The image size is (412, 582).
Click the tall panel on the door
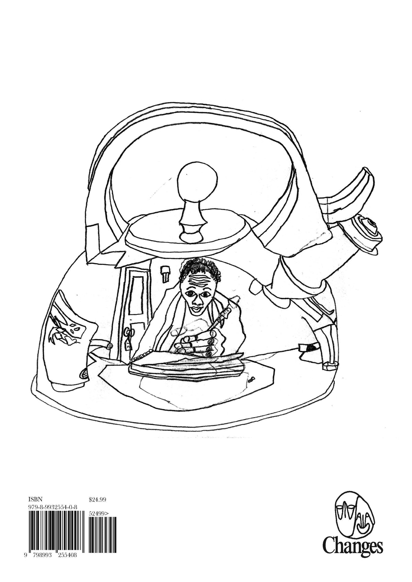click(139, 298)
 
